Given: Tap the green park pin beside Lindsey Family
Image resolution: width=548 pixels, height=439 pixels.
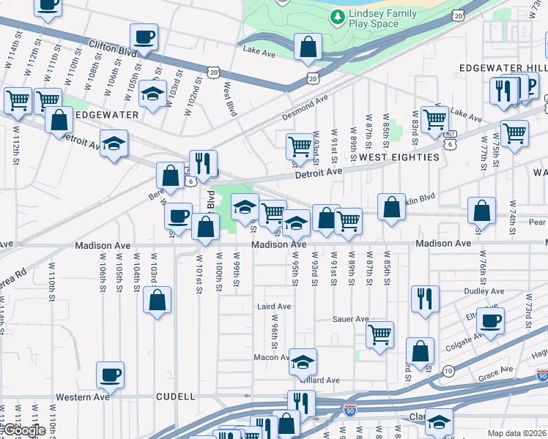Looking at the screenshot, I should coord(336,16).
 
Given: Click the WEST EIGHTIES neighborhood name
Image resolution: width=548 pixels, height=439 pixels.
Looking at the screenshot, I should coord(399,157).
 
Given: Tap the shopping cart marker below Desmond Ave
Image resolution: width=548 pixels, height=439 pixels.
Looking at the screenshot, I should coord(299,146).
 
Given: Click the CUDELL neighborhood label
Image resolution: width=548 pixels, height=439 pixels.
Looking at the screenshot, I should coord(175,397).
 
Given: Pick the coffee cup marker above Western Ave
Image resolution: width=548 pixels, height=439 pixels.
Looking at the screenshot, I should coord(111,375).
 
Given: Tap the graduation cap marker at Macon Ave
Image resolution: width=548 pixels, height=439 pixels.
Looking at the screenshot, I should coord(301,361).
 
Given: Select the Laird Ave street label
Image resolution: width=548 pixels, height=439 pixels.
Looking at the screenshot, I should coord(273,306).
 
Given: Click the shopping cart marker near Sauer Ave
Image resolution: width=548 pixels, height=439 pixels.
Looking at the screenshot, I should coord(379,335).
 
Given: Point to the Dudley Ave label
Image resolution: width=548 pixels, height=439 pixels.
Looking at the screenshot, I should coord(484,291).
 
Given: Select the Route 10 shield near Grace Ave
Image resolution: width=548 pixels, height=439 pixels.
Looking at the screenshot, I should coord(448,371).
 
